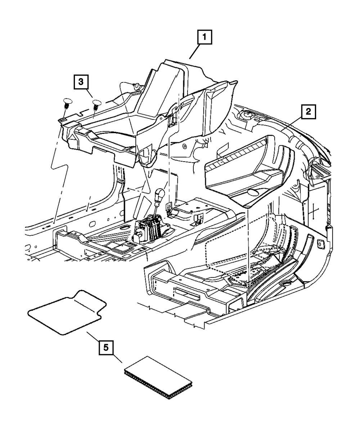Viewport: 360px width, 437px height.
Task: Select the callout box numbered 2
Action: tap(308, 112)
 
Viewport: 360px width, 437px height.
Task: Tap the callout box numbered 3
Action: tap(81, 82)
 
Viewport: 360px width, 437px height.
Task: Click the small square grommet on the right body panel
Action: tap(320, 243)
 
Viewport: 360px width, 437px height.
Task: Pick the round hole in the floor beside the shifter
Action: tap(125, 227)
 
